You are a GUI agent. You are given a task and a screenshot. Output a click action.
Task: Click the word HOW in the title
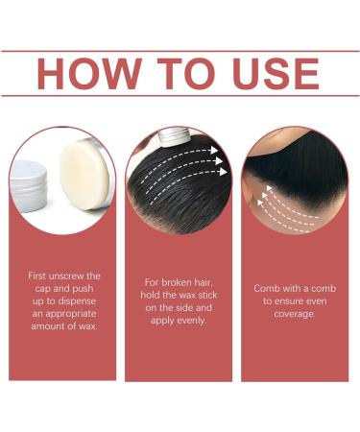[89, 74]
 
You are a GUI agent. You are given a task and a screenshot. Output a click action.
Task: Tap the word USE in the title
[276, 74]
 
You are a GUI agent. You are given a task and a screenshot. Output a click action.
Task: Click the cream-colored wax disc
[84, 176]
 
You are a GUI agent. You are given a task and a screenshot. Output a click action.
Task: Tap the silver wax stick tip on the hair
[175, 138]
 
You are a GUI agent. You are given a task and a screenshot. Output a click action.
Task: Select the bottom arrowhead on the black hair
[223, 172]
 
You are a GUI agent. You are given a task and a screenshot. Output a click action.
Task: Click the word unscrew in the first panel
[64, 276]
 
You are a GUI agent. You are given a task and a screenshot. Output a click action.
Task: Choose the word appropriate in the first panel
[71, 314]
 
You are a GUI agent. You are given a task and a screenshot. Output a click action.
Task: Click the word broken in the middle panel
[178, 282]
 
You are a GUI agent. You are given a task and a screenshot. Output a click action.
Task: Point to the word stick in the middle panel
[207, 295]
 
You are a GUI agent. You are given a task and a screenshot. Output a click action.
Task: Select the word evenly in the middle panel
[190, 321]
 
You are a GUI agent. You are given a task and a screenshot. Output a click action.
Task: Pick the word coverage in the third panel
[295, 314]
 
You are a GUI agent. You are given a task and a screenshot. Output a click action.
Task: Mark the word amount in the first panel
[46, 326]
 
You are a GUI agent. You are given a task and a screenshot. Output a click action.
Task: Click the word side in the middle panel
[183, 308]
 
